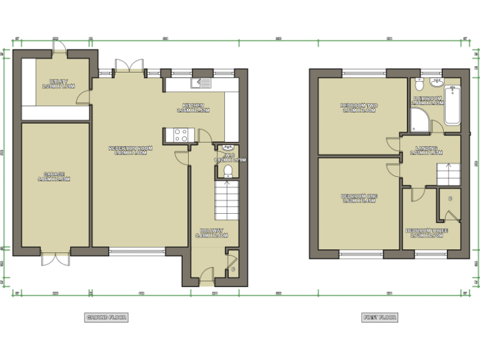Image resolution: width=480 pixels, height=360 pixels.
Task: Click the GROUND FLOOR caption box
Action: click(106, 317)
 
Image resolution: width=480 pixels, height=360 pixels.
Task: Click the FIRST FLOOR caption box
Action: click(379, 317)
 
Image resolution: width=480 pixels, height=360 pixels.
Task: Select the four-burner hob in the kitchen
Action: click(180, 135)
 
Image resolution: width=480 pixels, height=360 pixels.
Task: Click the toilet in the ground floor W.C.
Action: click(228, 171)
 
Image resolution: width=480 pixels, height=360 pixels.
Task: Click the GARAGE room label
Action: click(55, 176)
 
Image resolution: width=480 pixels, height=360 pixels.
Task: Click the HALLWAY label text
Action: click(211, 233)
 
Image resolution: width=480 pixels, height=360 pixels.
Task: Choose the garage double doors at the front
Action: click(55, 259)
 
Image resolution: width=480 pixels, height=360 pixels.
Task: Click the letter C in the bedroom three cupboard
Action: click(450, 198)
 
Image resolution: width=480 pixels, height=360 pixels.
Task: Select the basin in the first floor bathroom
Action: click(436, 82)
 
